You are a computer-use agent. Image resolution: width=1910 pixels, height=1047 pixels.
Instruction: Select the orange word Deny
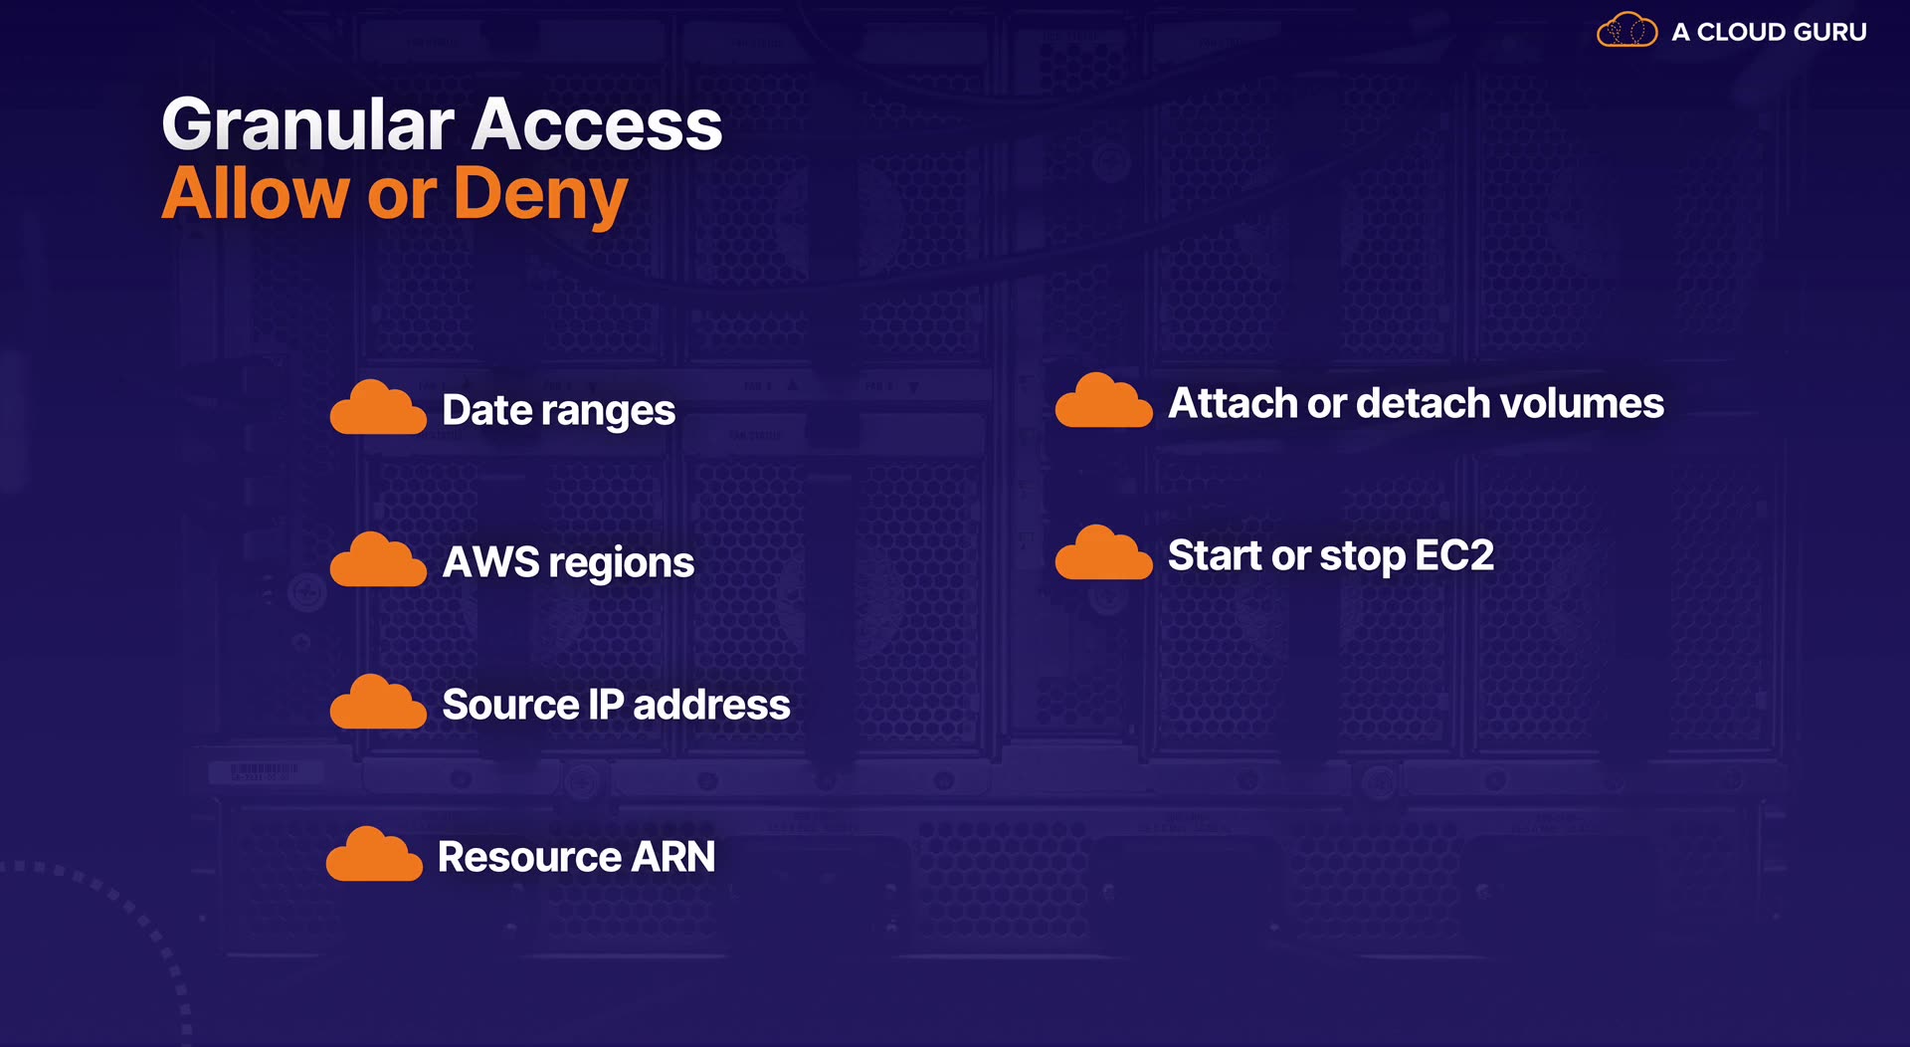(x=541, y=194)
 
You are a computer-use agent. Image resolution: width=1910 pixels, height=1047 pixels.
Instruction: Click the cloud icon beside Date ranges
(x=378, y=407)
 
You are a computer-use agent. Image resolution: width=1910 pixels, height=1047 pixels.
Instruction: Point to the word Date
(x=487, y=409)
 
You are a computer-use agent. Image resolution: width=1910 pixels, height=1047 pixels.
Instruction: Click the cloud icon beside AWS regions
(x=378, y=559)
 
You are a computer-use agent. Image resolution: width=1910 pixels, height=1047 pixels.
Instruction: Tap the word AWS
(x=491, y=562)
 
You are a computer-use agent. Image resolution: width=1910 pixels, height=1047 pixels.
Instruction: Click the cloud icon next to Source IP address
(x=378, y=702)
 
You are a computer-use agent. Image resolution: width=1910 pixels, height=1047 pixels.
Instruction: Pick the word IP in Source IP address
(x=606, y=705)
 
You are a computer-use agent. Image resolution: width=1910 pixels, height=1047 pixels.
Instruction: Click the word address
(x=711, y=705)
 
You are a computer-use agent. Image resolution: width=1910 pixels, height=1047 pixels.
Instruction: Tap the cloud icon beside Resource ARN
(x=374, y=854)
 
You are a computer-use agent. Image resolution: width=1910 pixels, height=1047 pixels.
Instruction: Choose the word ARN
(x=673, y=857)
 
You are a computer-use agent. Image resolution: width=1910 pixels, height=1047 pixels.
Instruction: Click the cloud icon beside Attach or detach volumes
(x=1103, y=400)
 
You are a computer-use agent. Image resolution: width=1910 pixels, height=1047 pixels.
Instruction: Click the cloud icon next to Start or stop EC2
(x=1103, y=552)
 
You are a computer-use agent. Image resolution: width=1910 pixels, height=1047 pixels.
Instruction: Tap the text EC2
(x=1453, y=555)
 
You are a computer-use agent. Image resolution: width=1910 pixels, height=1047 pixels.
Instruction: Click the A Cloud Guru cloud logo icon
(x=1627, y=30)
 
